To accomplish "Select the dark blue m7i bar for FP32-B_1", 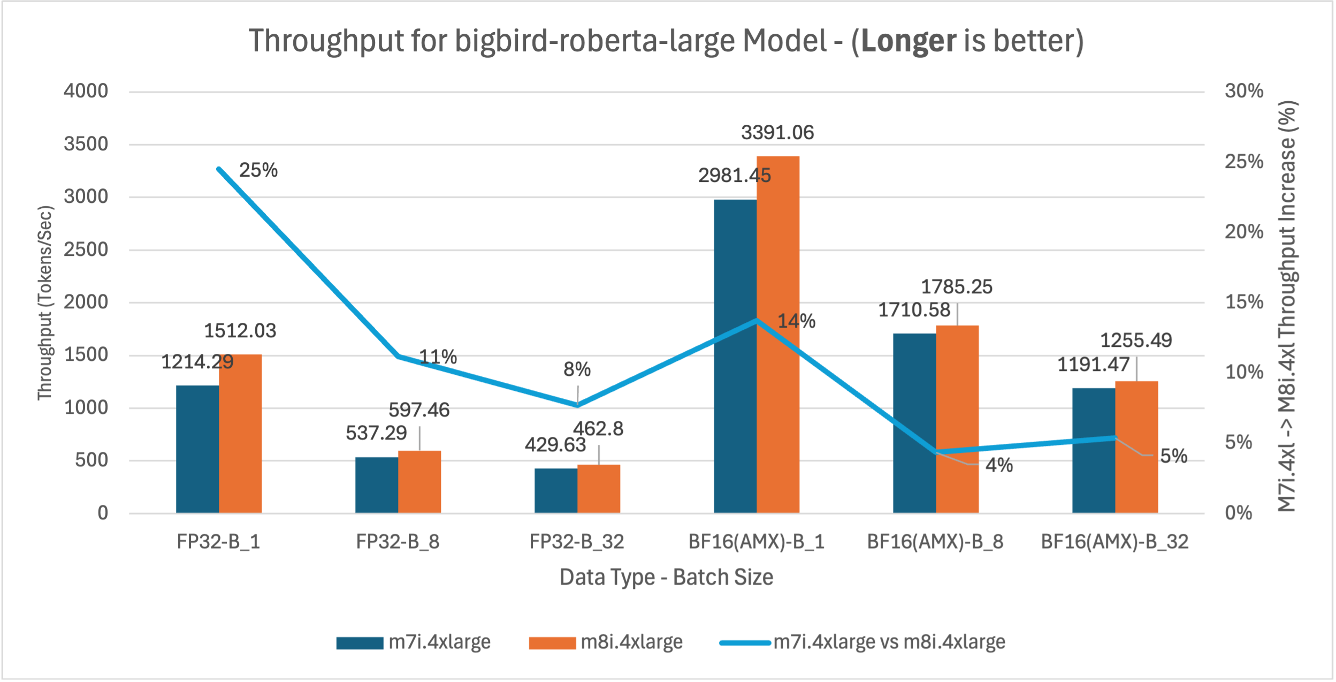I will click(x=197, y=449).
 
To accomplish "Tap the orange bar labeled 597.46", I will click(x=419, y=482).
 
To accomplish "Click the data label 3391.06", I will click(x=777, y=133).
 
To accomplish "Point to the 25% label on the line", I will click(x=258, y=170).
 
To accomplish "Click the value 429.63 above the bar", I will click(x=555, y=445).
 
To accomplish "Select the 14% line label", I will click(x=796, y=321).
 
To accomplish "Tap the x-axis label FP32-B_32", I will click(x=577, y=542).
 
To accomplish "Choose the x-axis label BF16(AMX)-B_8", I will click(x=935, y=542).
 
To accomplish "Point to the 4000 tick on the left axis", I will click(x=86, y=91).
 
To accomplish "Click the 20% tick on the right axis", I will click(x=1244, y=232).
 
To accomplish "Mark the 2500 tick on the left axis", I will click(x=86, y=249).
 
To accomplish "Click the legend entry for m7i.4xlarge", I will click(x=439, y=642).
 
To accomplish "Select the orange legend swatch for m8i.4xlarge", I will click(x=552, y=643).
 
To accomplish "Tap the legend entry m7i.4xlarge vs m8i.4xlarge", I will click(x=889, y=642).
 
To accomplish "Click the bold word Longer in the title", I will click(x=909, y=41).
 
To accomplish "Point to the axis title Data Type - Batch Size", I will click(x=666, y=578).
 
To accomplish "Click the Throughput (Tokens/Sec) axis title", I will click(x=45, y=302).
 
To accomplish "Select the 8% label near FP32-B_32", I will click(x=577, y=369).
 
